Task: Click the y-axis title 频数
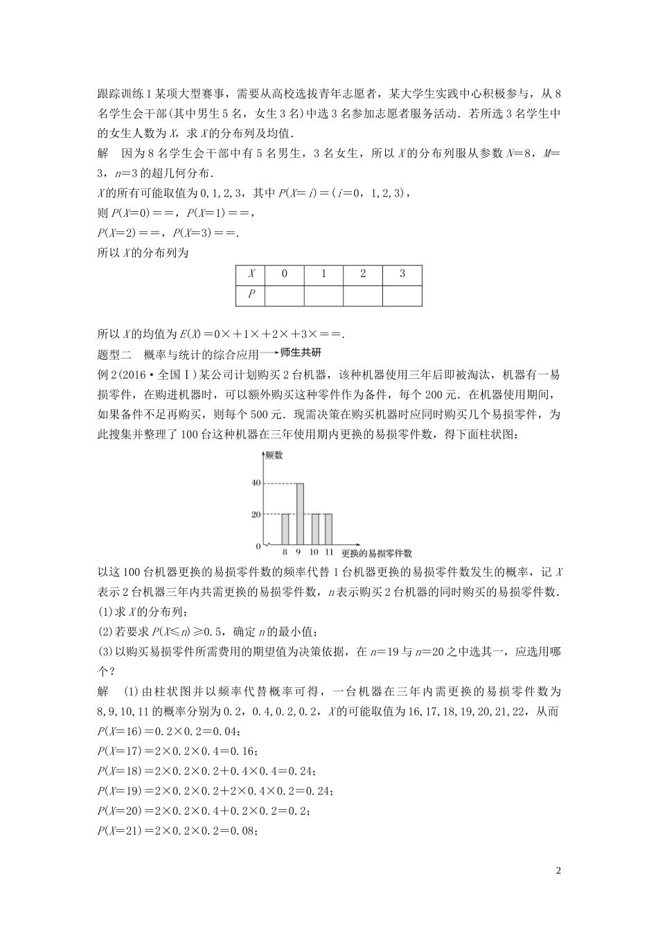pos(273,455)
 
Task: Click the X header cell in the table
pos(251,274)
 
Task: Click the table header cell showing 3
pos(402,274)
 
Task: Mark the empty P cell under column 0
pos(284,295)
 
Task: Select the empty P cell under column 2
pos(363,295)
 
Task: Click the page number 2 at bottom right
pos(558,871)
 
